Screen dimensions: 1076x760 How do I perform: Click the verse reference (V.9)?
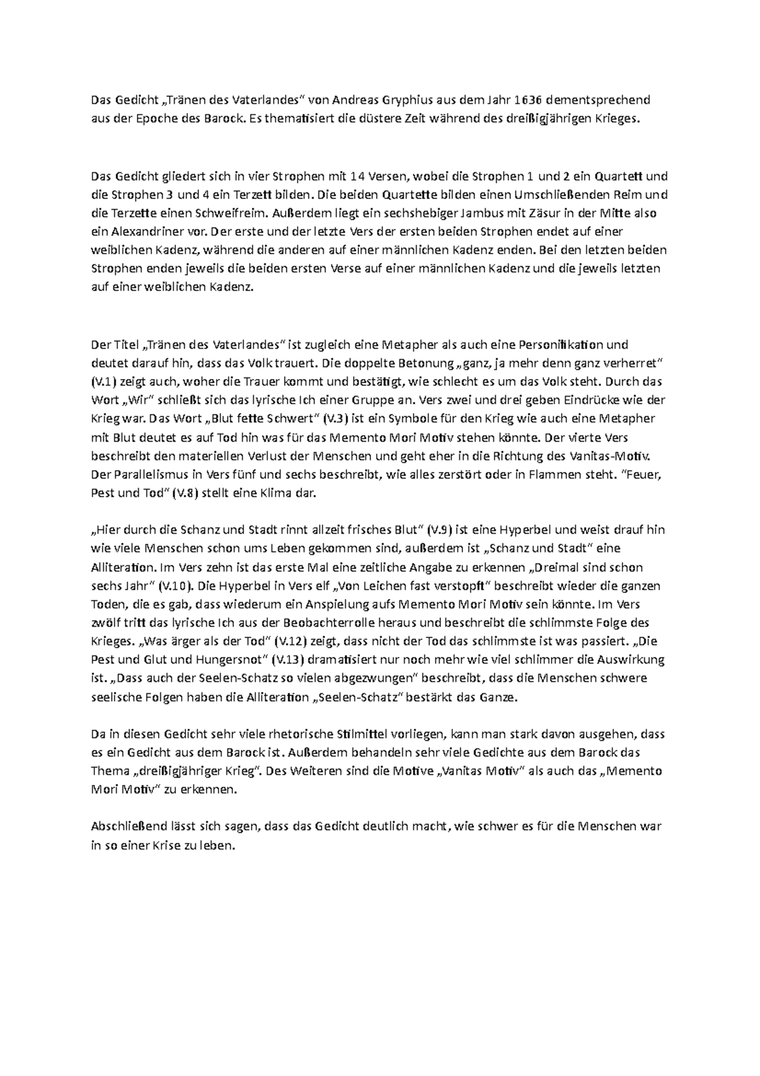[440, 530]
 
